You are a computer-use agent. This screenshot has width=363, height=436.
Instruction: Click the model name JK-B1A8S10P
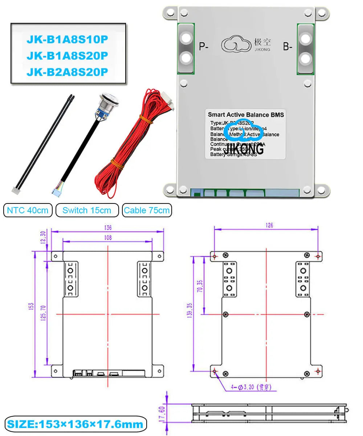tap(67, 39)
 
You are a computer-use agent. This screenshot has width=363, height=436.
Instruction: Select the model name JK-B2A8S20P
tap(67, 72)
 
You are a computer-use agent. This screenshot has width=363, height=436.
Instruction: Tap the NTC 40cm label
tap(28, 210)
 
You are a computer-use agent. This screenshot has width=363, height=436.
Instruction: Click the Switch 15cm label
tap(87, 210)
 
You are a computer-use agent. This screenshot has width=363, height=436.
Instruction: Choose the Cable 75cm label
tap(147, 210)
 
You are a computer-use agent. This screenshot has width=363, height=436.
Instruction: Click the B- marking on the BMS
tap(287, 47)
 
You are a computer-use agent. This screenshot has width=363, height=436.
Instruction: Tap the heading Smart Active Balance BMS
tap(246, 115)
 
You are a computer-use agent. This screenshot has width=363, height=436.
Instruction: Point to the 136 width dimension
tap(107, 227)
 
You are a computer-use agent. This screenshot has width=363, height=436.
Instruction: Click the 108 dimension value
tap(107, 238)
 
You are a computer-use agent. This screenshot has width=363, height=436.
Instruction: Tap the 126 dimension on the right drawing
tap(268, 226)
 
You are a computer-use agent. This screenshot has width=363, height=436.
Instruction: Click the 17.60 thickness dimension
tap(162, 413)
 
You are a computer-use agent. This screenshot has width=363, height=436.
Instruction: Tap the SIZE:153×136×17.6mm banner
tap(75, 424)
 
